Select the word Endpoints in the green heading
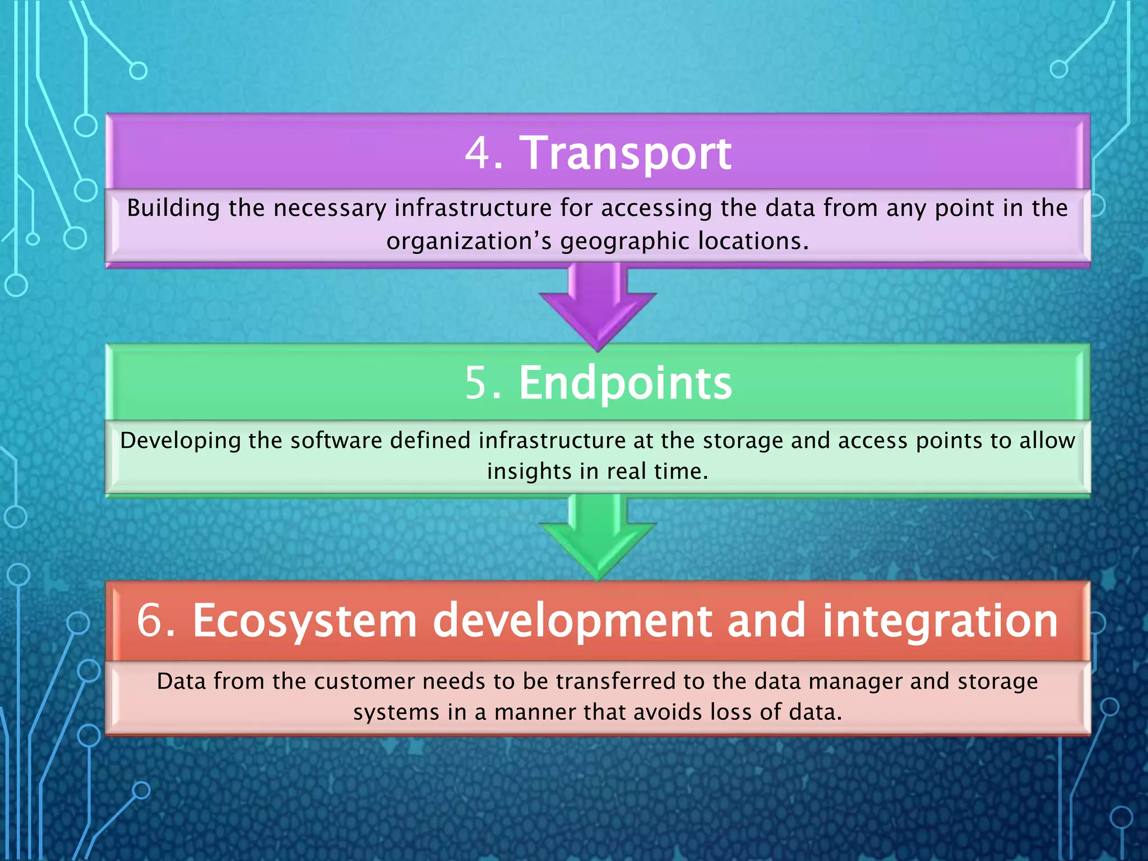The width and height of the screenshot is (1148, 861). coord(625,383)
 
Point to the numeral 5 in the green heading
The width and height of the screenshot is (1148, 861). coord(476,383)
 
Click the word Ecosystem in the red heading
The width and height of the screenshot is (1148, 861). coord(305,621)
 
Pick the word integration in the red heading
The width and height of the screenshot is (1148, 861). coord(940,621)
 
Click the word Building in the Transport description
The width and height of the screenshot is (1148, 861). coord(173,209)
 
